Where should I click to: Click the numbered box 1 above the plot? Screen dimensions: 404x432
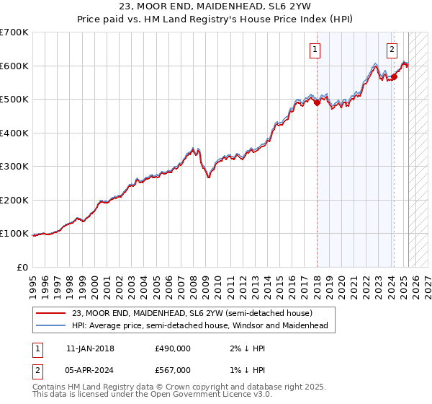coord(316,50)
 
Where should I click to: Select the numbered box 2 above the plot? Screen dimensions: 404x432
coord(392,50)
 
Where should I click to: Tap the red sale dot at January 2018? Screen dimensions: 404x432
coord(317,103)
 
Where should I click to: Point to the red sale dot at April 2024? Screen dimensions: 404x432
coord(395,76)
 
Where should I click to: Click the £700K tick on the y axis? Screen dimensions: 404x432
coord(14,32)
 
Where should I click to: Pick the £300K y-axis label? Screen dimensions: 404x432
coord(14,167)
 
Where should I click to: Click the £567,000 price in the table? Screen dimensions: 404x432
coord(173,370)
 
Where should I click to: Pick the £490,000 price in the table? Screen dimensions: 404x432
coord(173,348)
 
